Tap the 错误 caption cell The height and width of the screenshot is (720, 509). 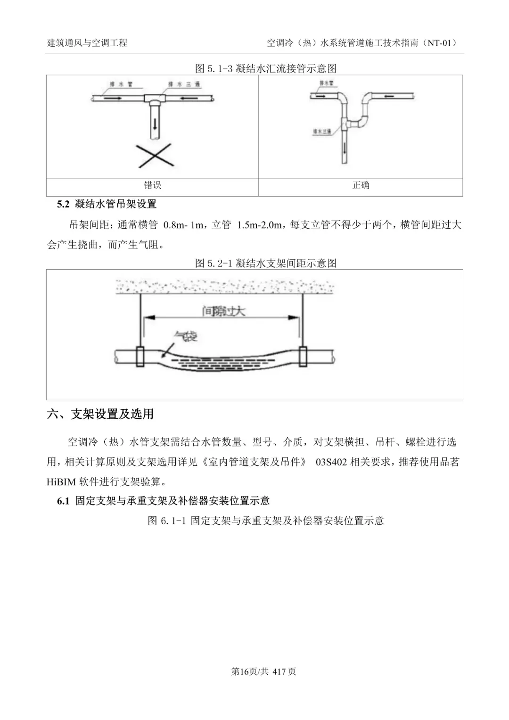[153, 185]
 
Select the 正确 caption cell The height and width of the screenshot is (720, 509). [361, 185]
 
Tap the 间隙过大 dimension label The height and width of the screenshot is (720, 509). [223, 311]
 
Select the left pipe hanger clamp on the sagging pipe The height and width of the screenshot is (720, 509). [140, 356]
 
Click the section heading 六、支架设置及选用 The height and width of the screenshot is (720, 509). [101, 414]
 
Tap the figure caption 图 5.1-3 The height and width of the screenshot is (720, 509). [266, 69]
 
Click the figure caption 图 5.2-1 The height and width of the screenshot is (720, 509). [266, 263]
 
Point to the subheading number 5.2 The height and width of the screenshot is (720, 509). [63, 204]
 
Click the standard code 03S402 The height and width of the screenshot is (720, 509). [332, 462]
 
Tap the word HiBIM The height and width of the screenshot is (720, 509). [60, 481]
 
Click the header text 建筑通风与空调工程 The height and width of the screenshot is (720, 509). [88, 43]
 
